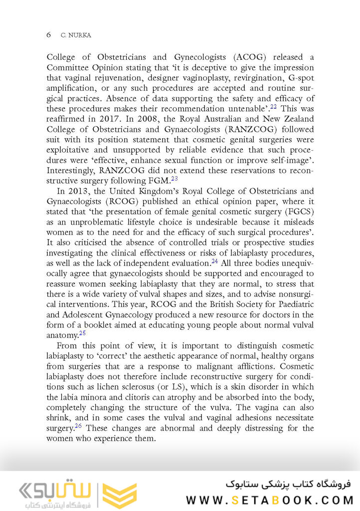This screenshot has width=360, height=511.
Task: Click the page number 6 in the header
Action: pyautogui.click(x=48, y=34)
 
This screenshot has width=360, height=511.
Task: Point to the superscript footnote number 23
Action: pyautogui.click(x=175, y=179)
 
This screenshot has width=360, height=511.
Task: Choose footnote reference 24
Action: pyautogui.click(x=214, y=261)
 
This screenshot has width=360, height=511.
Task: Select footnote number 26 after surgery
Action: pyautogui.click(x=78, y=426)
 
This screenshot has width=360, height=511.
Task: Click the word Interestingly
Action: pyautogui.click(x=71, y=170)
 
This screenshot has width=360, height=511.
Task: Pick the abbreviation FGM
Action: pyautogui.click(x=160, y=181)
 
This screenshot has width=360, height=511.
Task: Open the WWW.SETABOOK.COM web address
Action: pyautogui.click(x=269, y=500)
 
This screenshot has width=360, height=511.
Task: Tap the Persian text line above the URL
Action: pyautogui.click(x=288, y=484)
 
